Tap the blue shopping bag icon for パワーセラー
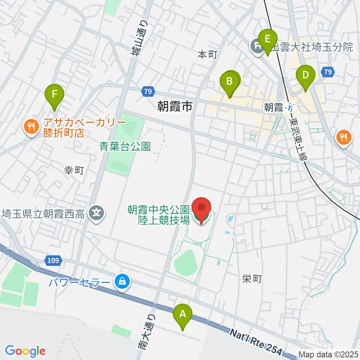(122, 280)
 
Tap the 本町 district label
(207, 55)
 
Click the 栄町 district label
(252, 279)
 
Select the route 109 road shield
(54, 260)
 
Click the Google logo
(25, 351)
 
